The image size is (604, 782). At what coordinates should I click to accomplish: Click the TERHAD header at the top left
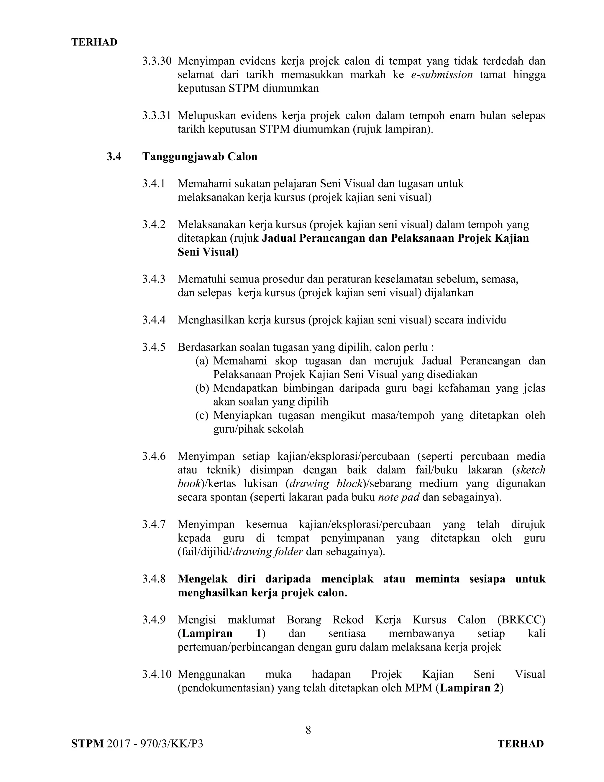coord(94,42)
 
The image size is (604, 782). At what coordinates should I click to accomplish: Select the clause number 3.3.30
coord(157,61)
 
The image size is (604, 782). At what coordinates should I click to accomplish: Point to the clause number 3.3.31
coord(157,116)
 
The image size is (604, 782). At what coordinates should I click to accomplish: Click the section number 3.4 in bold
coord(114,156)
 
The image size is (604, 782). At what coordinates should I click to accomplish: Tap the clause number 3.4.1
coord(154,184)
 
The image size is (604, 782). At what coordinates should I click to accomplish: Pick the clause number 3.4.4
coord(154,320)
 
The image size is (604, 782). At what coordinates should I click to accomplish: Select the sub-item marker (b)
coord(202,388)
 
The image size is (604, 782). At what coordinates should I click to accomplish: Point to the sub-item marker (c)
coord(202,415)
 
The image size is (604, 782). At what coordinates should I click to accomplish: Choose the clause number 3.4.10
coord(157,674)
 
